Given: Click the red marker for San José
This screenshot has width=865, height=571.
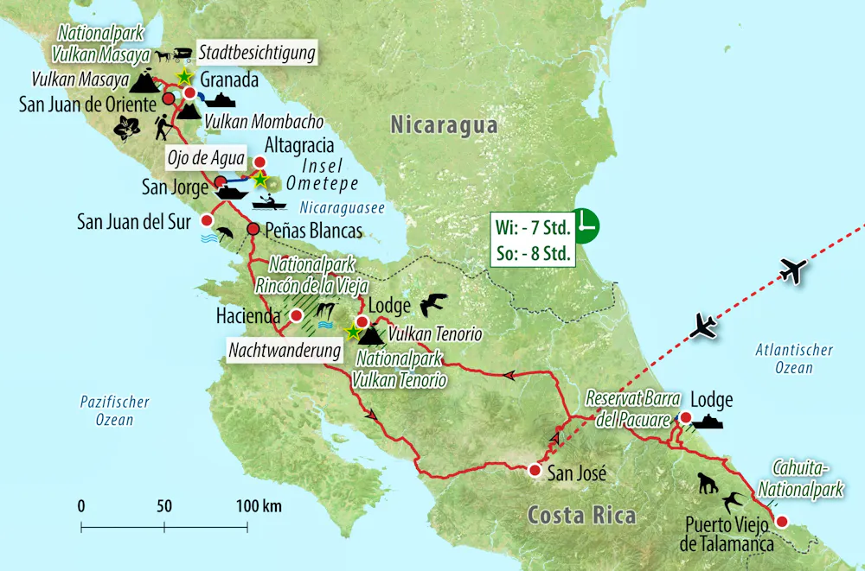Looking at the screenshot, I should pos(535,471).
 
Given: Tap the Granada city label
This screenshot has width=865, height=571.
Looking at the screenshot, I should pos(229,79).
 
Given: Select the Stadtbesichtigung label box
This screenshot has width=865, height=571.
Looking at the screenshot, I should pos(256,54).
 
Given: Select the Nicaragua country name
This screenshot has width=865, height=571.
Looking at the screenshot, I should pos(444,125).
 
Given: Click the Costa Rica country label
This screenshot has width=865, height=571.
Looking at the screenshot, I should pos(581,516).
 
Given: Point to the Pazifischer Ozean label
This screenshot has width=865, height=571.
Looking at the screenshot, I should pos(114,410).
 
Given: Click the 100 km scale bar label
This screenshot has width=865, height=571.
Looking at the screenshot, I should pos(259,505).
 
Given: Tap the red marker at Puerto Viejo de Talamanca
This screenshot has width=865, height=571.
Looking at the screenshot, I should pos(782,521).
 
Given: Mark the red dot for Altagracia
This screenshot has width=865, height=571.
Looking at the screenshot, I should pos(259,162).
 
